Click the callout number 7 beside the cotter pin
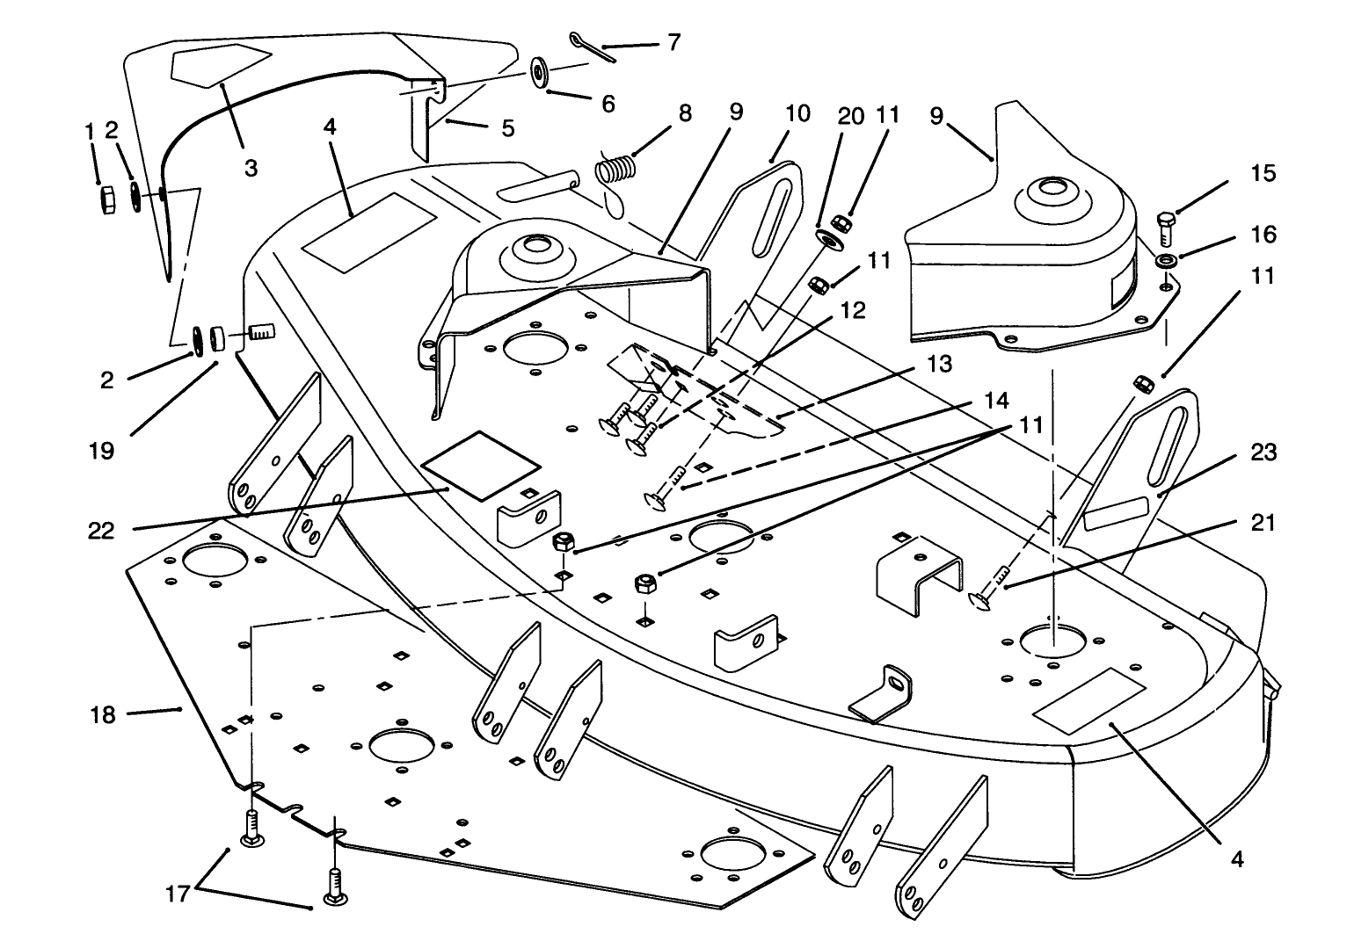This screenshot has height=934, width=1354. point(673,42)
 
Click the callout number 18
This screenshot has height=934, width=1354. point(103,715)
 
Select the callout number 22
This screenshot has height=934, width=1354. point(101,531)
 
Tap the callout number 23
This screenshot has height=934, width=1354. point(1263,453)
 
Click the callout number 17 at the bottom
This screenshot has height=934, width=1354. point(178,895)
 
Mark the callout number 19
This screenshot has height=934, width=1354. point(101,451)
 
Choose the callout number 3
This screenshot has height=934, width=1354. point(251,167)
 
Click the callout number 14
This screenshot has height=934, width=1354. point(995,400)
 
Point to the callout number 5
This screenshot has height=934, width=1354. point(507,127)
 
